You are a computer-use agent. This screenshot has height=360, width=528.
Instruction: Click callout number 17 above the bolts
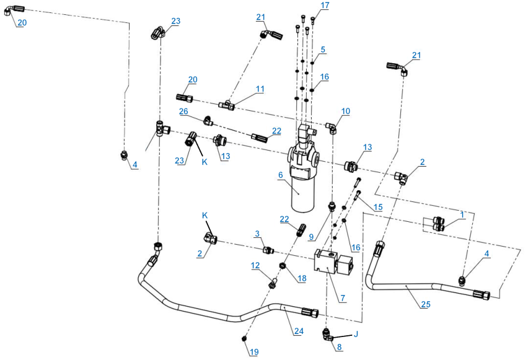pyautogui.click(x=325, y=6)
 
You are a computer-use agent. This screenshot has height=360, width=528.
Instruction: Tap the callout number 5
pyautogui.click(x=323, y=50)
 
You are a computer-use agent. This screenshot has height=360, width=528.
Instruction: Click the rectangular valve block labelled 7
pyautogui.click(x=333, y=262)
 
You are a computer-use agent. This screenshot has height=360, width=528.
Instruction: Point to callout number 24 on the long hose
pyautogui.click(x=299, y=331)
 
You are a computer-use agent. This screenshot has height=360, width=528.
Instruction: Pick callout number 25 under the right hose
pyautogui.click(x=426, y=304)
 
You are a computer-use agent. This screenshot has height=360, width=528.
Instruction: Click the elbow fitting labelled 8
pyautogui.click(x=327, y=335)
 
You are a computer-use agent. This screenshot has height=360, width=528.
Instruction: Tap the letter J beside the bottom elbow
pyautogui.click(x=355, y=334)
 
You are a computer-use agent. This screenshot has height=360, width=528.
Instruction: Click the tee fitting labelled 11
pyautogui.click(x=226, y=105)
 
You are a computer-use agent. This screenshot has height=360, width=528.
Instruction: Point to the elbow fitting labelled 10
pyautogui.click(x=331, y=128)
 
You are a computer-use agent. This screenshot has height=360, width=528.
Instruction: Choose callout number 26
pyautogui.click(x=183, y=112)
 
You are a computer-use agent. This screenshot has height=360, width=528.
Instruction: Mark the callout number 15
pyautogui.click(x=378, y=207)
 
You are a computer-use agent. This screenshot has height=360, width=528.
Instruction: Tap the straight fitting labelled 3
pyautogui.click(x=268, y=250)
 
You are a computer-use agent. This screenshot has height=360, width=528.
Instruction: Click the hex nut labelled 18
pyautogui.click(x=283, y=266)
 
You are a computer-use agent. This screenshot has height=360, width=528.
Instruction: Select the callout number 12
pyautogui.click(x=255, y=265)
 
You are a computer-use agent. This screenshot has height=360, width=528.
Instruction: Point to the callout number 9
pyautogui.click(x=311, y=237)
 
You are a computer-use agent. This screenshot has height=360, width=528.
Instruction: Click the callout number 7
pyautogui.click(x=343, y=298)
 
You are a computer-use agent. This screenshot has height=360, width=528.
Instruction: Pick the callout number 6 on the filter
pyautogui.click(x=281, y=175)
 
